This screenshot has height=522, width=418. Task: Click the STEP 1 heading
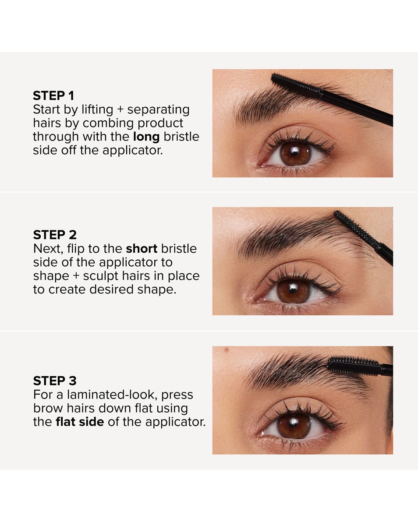click(x=53, y=96)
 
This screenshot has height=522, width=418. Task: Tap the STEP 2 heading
click(x=55, y=235)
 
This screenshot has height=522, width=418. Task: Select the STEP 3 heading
click(x=55, y=381)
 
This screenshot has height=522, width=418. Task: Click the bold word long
click(x=146, y=137)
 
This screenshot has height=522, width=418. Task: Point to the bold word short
click(x=142, y=249)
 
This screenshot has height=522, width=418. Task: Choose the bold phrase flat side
click(x=80, y=422)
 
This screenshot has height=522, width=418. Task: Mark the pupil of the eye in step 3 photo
click(x=294, y=426)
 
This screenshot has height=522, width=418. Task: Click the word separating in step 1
click(x=158, y=109)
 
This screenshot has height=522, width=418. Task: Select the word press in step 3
click(x=177, y=395)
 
